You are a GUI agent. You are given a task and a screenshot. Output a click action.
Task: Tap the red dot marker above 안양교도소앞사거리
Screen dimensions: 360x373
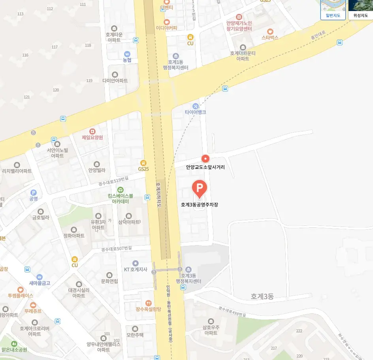pos(205,159)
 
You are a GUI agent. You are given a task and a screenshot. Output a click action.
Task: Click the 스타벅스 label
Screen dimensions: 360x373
pos(270,37)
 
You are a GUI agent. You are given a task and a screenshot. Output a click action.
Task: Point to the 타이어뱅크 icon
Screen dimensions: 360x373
pos(196,106)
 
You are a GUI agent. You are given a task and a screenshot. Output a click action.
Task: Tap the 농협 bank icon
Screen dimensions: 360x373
pos(127,54)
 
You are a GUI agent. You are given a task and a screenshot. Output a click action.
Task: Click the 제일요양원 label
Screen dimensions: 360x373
pos(92,137)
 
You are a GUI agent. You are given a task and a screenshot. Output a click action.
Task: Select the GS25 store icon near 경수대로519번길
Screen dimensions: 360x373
pos(143,163)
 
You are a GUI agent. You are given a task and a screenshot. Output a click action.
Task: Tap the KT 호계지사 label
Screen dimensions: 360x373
pos(136,270)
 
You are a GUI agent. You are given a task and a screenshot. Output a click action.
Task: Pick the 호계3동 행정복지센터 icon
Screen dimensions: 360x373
pos(188,269)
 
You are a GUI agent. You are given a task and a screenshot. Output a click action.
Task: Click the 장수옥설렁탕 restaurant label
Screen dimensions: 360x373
pos(149,309)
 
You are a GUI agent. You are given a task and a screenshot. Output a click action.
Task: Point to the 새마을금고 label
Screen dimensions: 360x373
pos(40,283)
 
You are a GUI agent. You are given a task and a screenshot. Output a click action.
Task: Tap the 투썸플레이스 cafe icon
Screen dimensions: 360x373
pos(21,289)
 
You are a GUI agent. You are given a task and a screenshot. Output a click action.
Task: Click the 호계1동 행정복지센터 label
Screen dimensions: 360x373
pos(175,65)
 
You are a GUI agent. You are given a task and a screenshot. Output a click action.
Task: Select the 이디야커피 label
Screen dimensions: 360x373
pos(166,28)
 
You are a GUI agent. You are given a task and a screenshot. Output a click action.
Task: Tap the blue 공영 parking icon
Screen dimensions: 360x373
pos(34,192)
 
